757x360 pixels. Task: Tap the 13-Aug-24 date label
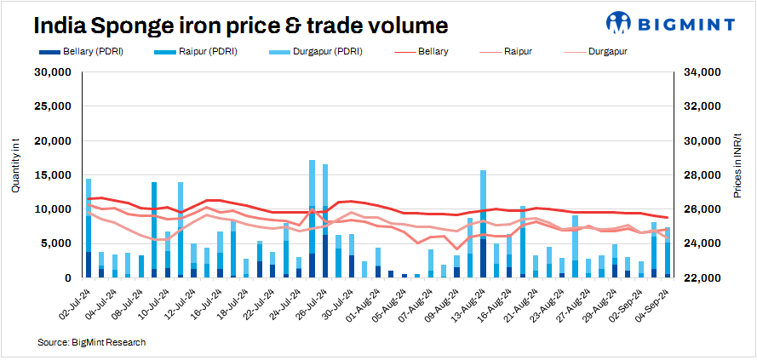(467, 301)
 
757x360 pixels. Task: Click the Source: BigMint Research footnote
(92, 342)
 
